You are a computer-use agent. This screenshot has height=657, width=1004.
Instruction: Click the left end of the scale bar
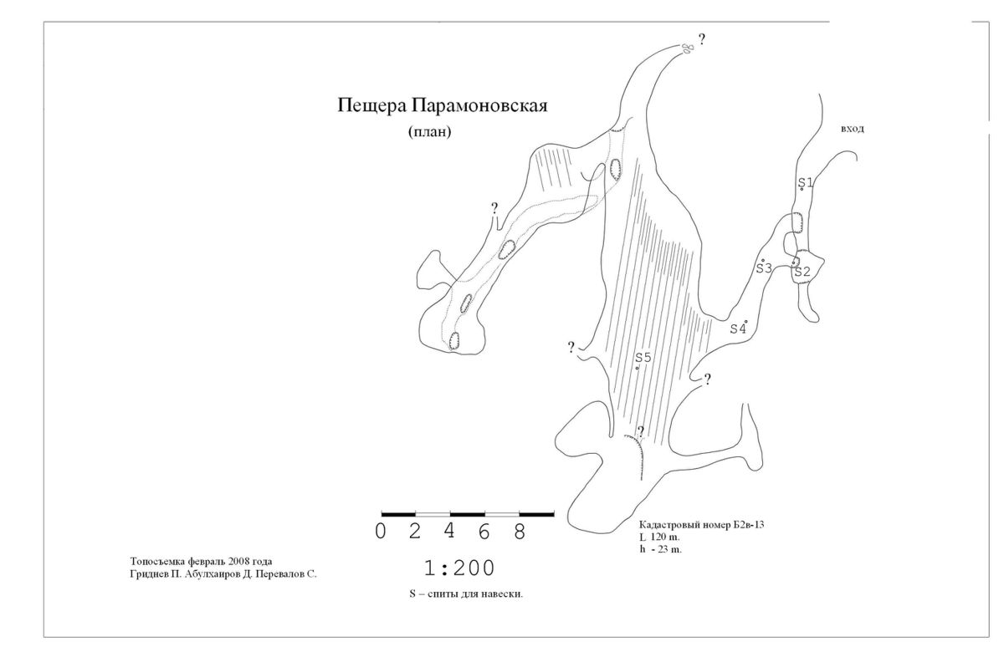click(382, 514)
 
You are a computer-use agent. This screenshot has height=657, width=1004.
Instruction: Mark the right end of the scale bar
click(554, 514)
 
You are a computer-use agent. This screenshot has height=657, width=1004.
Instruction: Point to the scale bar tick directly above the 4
click(450, 514)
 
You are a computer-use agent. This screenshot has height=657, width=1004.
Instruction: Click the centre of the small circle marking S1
click(802, 189)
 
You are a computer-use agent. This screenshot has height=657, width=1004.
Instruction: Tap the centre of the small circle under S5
click(638, 368)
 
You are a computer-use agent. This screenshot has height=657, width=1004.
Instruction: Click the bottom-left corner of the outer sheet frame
click(44, 637)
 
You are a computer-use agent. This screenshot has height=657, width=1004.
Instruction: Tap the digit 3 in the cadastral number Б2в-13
click(761, 524)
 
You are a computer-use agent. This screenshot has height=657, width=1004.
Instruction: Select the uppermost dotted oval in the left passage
click(616, 170)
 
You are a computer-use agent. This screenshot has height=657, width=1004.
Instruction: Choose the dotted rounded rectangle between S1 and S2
click(797, 222)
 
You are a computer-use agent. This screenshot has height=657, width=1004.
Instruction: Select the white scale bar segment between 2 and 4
click(433, 514)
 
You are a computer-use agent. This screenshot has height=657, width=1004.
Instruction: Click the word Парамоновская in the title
click(479, 106)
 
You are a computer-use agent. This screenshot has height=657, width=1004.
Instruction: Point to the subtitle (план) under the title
click(429, 132)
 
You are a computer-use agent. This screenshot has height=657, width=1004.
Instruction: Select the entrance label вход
click(852, 129)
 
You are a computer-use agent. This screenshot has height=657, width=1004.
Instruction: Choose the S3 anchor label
click(764, 268)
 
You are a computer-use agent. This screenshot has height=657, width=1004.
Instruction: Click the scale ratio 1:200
click(459, 568)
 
